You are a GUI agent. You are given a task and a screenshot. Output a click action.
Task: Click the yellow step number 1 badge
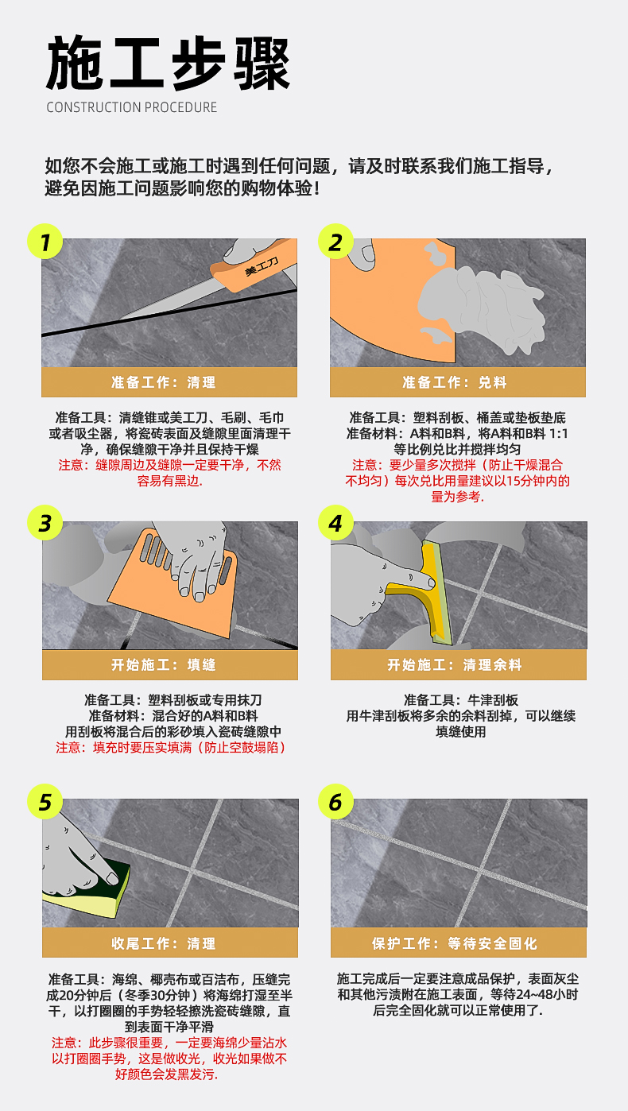click(x=45, y=242)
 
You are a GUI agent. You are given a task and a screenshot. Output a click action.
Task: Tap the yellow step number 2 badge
click(x=335, y=242)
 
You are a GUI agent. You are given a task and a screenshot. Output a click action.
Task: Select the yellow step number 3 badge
click(x=45, y=523)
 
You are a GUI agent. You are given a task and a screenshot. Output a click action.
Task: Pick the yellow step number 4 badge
click(x=335, y=523)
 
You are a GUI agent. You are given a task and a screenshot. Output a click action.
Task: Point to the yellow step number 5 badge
click(x=45, y=802)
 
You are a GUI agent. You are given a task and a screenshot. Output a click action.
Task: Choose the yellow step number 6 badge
click(x=335, y=802)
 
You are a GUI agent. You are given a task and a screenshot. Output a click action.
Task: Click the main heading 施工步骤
click(x=169, y=64)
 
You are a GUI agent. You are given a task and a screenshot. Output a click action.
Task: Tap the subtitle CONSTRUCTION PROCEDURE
click(x=131, y=107)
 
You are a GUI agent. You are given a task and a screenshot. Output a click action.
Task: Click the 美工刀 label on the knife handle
click(x=262, y=266)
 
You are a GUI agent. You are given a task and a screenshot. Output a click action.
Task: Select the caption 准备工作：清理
click(x=164, y=382)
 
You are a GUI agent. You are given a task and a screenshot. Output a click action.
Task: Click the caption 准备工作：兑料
click(x=455, y=382)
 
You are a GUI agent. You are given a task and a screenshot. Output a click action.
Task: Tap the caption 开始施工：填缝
click(x=164, y=664)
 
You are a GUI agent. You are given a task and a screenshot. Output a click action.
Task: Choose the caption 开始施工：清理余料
click(x=455, y=664)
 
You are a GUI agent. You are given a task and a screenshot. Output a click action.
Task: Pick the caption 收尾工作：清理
click(x=164, y=943)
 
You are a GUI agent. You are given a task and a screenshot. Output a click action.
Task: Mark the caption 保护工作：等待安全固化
click(x=455, y=943)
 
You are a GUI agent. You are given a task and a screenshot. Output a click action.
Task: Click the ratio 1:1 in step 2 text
click(x=558, y=433)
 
